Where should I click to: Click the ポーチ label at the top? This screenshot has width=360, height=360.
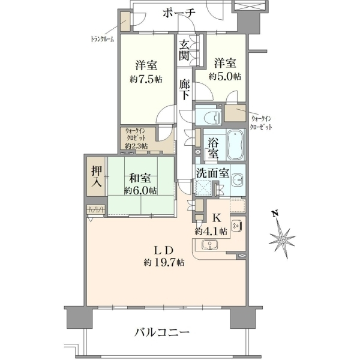pos(179,13)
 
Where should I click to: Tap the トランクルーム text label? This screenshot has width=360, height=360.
pos(103,39)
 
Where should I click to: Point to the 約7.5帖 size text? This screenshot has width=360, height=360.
pos(146,79)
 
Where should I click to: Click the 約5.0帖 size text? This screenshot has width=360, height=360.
pos(225,76)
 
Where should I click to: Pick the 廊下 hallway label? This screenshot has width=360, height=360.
pos(184,89)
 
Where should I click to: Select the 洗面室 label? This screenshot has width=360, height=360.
pos(212,174)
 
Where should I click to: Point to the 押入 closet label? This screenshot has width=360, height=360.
pos(97,176)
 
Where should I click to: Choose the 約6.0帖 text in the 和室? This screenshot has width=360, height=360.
pos(140,191)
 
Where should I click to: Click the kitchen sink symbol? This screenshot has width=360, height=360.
pos(209,244)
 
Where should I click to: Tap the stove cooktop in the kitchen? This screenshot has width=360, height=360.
pos(236,225)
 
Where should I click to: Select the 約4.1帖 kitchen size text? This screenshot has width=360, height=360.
pos(211,231)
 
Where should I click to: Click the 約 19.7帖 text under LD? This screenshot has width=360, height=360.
pos(164,262)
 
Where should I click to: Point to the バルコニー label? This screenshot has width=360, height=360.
pos(162,332)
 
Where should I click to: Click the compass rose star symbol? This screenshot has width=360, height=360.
pos(282,239)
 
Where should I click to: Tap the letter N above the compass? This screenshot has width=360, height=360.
pos(275,213)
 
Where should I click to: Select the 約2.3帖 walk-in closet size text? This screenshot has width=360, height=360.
pos(136,146)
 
